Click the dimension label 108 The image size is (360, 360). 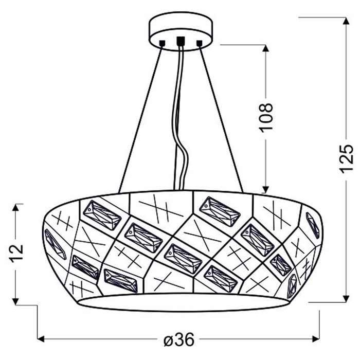(x=266, y=118)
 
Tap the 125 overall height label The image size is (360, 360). (x=346, y=158)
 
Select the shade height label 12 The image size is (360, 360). (x=16, y=252)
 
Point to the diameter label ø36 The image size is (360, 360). (x=179, y=339)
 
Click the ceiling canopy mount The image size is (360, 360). (x=181, y=31)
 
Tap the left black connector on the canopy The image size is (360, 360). (x=163, y=43)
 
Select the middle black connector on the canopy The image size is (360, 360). (x=181, y=41)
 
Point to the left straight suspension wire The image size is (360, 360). (x=140, y=119)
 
